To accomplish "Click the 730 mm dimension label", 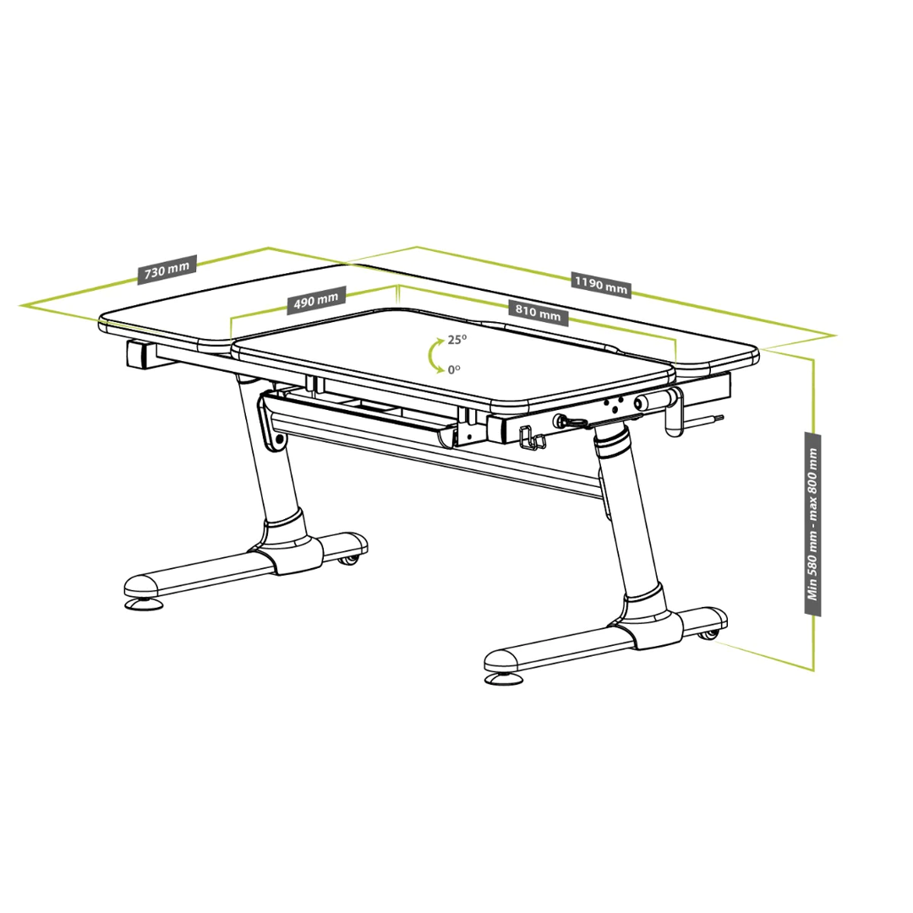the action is coord(167,270).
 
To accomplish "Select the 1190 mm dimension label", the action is coord(601,284).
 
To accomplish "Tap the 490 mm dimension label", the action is coord(316,300).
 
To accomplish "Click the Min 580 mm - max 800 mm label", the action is coord(813,523).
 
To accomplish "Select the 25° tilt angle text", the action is coord(457,340).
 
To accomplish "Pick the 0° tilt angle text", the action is coord(454,369).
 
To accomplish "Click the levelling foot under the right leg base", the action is coord(504,679).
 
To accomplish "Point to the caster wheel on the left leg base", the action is coord(349,560).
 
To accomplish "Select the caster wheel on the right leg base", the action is coord(708,634).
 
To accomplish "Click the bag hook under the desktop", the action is coord(532,439).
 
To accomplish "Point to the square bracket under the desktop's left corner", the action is coord(140,354).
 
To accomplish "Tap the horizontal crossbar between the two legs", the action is coord(442,460).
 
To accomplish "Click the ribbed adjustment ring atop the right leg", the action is coord(612,440).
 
